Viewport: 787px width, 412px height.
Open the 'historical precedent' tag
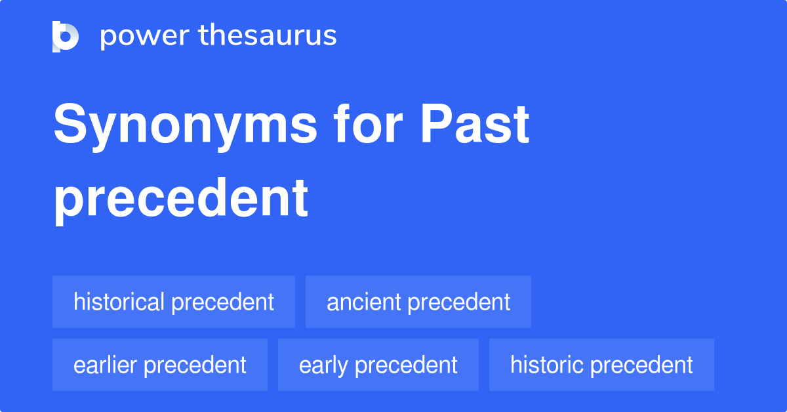(x=174, y=302)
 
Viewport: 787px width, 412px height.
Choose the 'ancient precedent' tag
(x=418, y=302)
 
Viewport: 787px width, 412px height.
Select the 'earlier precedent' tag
(x=160, y=365)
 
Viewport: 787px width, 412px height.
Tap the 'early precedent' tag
(x=378, y=365)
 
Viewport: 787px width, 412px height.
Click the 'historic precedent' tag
(x=601, y=365)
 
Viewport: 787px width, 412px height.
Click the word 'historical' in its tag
(x=119, y=302)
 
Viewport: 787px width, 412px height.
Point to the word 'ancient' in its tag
(x=364, y=302)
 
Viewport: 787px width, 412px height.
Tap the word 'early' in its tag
(x=324, y=365)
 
